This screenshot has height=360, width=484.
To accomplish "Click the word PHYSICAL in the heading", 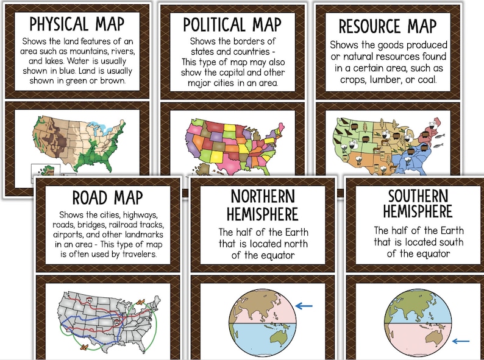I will (58, 24).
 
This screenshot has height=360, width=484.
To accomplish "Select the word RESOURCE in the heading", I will (363, 26).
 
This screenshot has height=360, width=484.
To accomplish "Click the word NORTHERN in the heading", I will (263, 196).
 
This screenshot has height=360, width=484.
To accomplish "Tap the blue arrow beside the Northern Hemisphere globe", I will (304, 306).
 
